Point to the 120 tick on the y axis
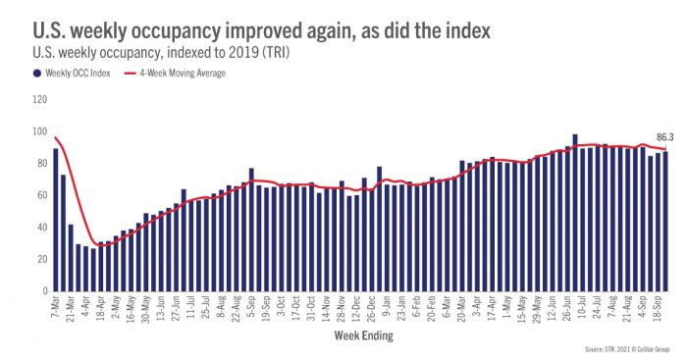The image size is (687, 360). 39,99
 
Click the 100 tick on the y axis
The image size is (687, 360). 39,131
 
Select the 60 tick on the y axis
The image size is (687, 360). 41,195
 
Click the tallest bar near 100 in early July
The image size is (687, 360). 575,213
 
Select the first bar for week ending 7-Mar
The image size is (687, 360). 56,220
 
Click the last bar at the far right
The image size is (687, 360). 666,222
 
